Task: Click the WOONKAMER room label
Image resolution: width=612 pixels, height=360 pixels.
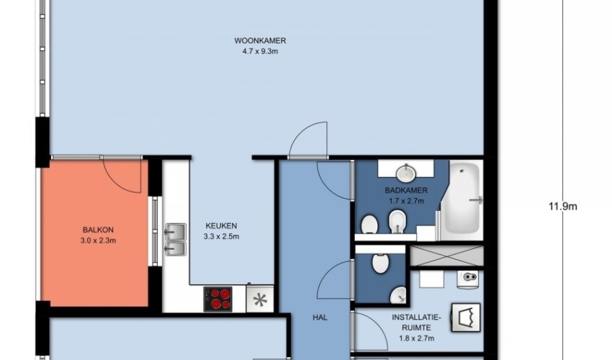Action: (260, 40)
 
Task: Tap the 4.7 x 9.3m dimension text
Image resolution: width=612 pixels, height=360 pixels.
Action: (260, 51)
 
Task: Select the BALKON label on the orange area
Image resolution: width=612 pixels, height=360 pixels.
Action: (98, 230)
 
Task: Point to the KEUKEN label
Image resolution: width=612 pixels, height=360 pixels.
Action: (221, 225)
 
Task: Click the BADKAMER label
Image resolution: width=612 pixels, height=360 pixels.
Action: (406, 191)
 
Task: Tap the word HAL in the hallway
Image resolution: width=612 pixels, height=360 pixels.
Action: (320, 318)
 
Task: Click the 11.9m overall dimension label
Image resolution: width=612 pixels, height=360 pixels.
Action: (563, 207)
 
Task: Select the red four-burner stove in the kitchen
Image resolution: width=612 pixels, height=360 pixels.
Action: (217, 300)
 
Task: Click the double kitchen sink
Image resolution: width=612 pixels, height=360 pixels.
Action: (175, 239)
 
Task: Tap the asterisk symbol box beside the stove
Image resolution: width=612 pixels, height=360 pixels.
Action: (260, 300)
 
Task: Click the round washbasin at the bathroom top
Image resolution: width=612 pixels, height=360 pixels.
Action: (406, 173)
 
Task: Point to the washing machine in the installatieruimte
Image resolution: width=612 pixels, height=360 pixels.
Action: (466, 318)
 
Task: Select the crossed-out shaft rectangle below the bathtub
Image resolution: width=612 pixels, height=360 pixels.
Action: (447, 256)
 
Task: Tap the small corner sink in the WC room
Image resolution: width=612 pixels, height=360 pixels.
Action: (398, 296)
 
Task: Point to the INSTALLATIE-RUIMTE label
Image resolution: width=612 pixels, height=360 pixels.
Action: (416, 323)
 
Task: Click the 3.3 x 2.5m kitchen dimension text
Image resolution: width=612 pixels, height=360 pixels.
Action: (221, 237)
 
